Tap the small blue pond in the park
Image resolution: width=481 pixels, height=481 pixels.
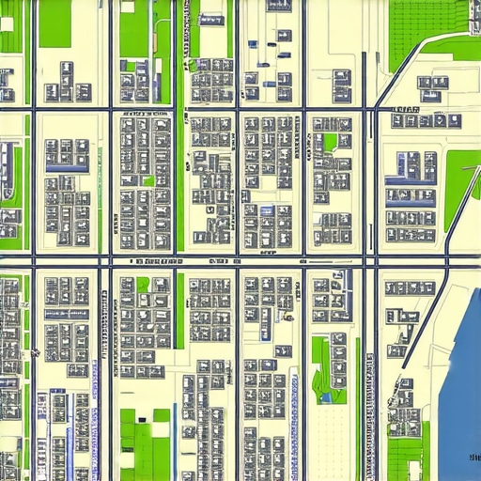click(x=326, y=397)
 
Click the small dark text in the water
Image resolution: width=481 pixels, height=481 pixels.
click(x=471, y=457)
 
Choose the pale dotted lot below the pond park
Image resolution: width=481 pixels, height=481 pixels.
click(x=329, y=442)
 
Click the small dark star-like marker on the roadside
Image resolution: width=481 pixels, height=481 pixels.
click(x=36, y=352)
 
